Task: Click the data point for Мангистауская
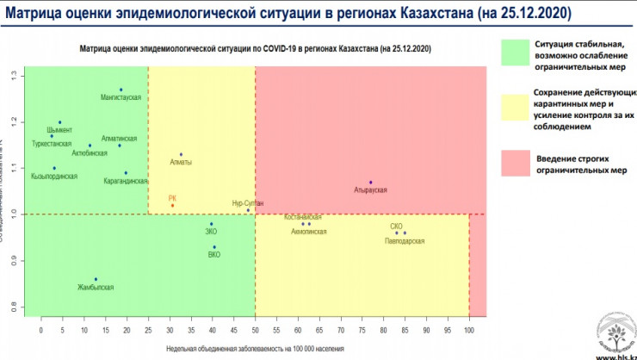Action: tap(121, 90)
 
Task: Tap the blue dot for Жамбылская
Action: tap(96, 279)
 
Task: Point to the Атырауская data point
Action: tap(370, 183)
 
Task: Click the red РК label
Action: tap(172, 197)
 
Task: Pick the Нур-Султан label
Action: tap(248, 202)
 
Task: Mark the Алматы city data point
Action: tap(181, 154)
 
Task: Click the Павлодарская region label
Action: tap(405, 242)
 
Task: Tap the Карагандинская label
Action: tap(127, 182)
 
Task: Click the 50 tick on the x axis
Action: tap(255, 330)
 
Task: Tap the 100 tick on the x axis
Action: tap(468, 330)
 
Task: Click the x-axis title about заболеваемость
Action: tap(254, 348)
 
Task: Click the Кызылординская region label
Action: tap(54, 177)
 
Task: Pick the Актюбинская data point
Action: tap(90, 146)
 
